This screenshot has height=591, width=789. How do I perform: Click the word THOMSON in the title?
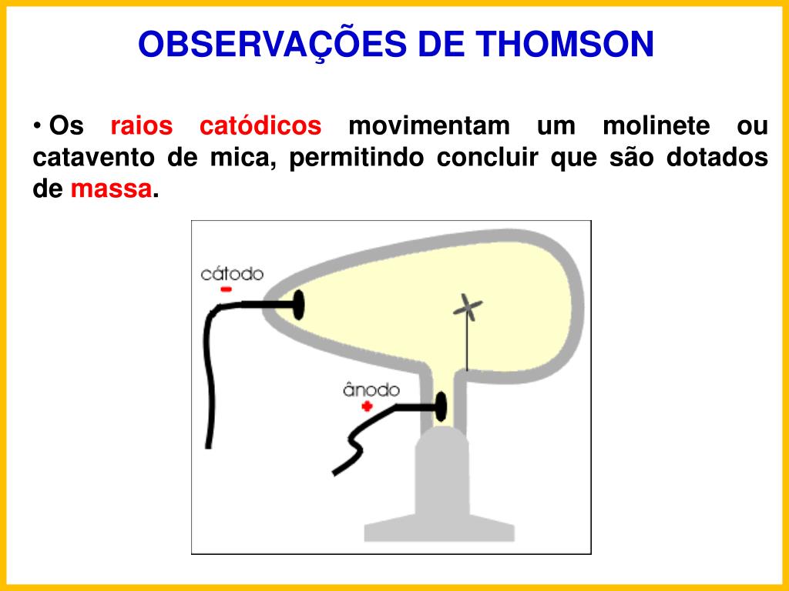point(564,45)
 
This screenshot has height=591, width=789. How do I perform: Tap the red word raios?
point(142,126)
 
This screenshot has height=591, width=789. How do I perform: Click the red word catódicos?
point(260,126)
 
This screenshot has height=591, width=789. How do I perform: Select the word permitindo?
point(358,158)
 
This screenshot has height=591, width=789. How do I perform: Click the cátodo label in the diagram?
point(232,274)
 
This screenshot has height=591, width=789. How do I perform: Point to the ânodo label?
point(371,390)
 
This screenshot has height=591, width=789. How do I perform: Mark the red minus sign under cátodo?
point(226,289)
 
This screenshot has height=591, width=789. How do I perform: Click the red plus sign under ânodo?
point(367,406)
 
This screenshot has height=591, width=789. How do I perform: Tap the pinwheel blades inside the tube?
point(467,308)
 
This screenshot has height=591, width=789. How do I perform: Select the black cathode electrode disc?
point(298,306)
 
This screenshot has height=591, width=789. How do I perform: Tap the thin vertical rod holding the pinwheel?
point(467,346)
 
